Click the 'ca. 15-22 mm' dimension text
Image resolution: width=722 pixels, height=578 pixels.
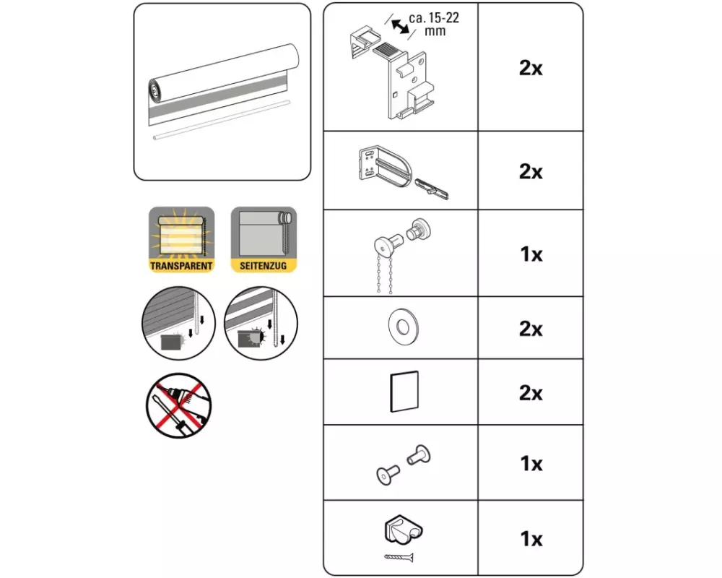pyautogui.click(x=434, y=25)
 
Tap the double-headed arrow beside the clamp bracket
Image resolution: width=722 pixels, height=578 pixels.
pyautogui.click(x=400, y=26)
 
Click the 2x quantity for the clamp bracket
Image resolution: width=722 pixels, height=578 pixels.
pyautogui.click(x=531, y=68)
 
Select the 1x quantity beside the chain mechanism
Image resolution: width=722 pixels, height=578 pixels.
pyautogui.click(x=531, y=254)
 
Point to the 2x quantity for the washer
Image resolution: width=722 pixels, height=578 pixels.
pyautogui.click(x=531, y=329)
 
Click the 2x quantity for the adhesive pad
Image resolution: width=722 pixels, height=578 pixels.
pyautogui.click(x=531, y=393)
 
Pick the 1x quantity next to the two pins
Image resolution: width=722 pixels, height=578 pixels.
pyautogui.click(x=531, y=464)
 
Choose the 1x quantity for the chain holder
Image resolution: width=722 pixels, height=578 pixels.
pyautogui.click(x=531, y=539)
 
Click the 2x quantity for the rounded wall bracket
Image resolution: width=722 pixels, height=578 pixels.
pyautogui.click(x=531, y=172)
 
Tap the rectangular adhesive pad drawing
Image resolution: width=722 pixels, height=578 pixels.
pyautogui.click(x=404, y=392)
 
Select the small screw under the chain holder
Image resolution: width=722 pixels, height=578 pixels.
pyautogui.click(x=399, y=558)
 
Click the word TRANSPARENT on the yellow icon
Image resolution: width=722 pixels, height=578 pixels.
pyautogui.click(x=181, y=266)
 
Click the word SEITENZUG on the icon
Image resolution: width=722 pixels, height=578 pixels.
pyautogui.click(x=263, y=266)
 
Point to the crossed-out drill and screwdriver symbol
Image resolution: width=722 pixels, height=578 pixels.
pyautogui.click(x=178, y=405)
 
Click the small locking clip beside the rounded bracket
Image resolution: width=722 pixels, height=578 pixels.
pyautogui.click(x=432, y=189)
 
